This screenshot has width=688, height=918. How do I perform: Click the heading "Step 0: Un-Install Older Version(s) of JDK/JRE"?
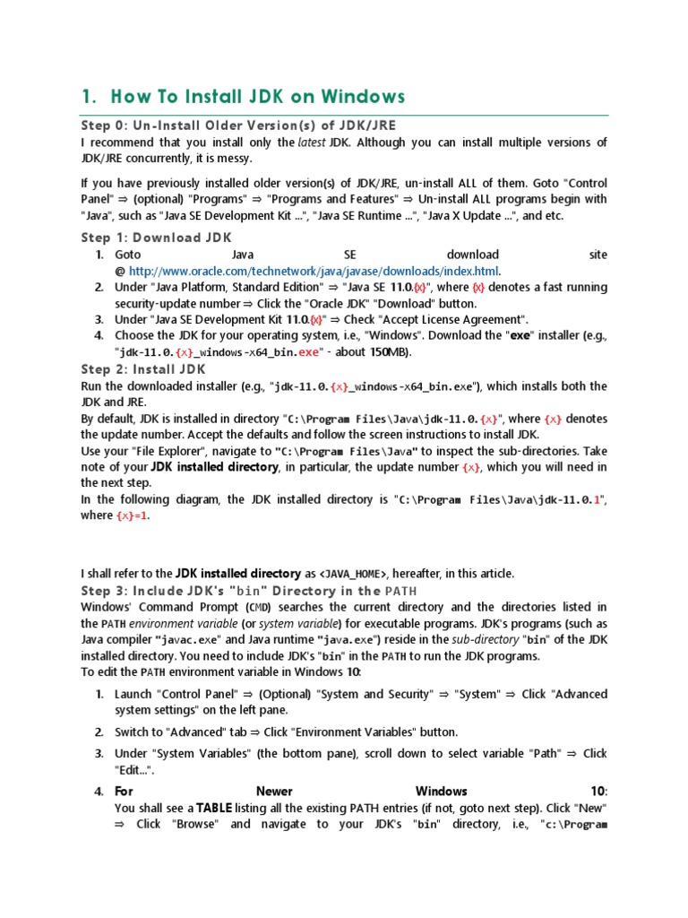pos(238,125)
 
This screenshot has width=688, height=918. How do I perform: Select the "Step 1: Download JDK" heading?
pos(156,238)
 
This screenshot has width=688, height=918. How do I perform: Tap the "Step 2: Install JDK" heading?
pos(143,369)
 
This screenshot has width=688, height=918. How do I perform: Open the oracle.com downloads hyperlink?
pos(314,271)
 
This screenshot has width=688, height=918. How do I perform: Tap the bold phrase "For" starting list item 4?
pos(124,792)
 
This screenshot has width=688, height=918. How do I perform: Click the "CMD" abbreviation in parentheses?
pos(254,608)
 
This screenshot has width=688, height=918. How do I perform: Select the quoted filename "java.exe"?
pos(350,640)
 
